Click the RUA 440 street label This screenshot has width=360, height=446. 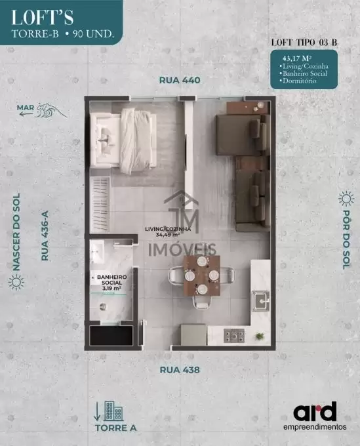click(x=180, y=80)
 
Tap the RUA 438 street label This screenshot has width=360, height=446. click(x=180, y=370)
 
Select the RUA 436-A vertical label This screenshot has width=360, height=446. click(x=45, y=235)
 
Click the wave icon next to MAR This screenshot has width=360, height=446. click(x=51, y=110)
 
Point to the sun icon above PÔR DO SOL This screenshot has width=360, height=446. click(x=346, y=199)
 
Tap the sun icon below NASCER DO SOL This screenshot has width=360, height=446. click(x=16, y=282)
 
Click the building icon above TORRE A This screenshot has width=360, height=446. click(x=113, y=411)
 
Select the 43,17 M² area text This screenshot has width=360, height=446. click(x=296, y=58)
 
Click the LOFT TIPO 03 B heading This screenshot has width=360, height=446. click(x=304, y=43)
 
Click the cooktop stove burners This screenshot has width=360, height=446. click(x=234, y=336)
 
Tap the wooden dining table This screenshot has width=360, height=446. click(x=202, y=275)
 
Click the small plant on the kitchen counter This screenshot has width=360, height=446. click(x=260, y=336)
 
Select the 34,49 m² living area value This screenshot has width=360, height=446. click(x=168, y=235)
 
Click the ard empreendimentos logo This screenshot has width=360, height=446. click(x=315, y=416)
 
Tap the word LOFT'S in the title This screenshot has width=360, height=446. click(x=43, y=17)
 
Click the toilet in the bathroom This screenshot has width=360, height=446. click(x=102, y=306)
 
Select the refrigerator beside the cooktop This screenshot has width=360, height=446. click(x=193, y=334)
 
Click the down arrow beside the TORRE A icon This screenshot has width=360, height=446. click(x=97, y=411)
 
